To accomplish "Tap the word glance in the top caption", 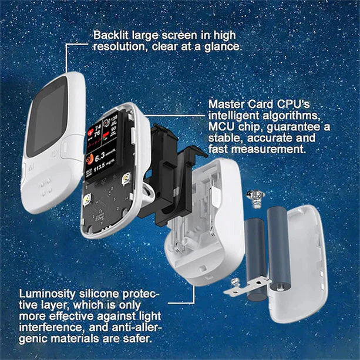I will pyautogui.click(x=224, y=46).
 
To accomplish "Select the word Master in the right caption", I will pyautogui.click(x=224, y=104).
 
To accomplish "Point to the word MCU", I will pyautogui.click(x=221, y=127).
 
